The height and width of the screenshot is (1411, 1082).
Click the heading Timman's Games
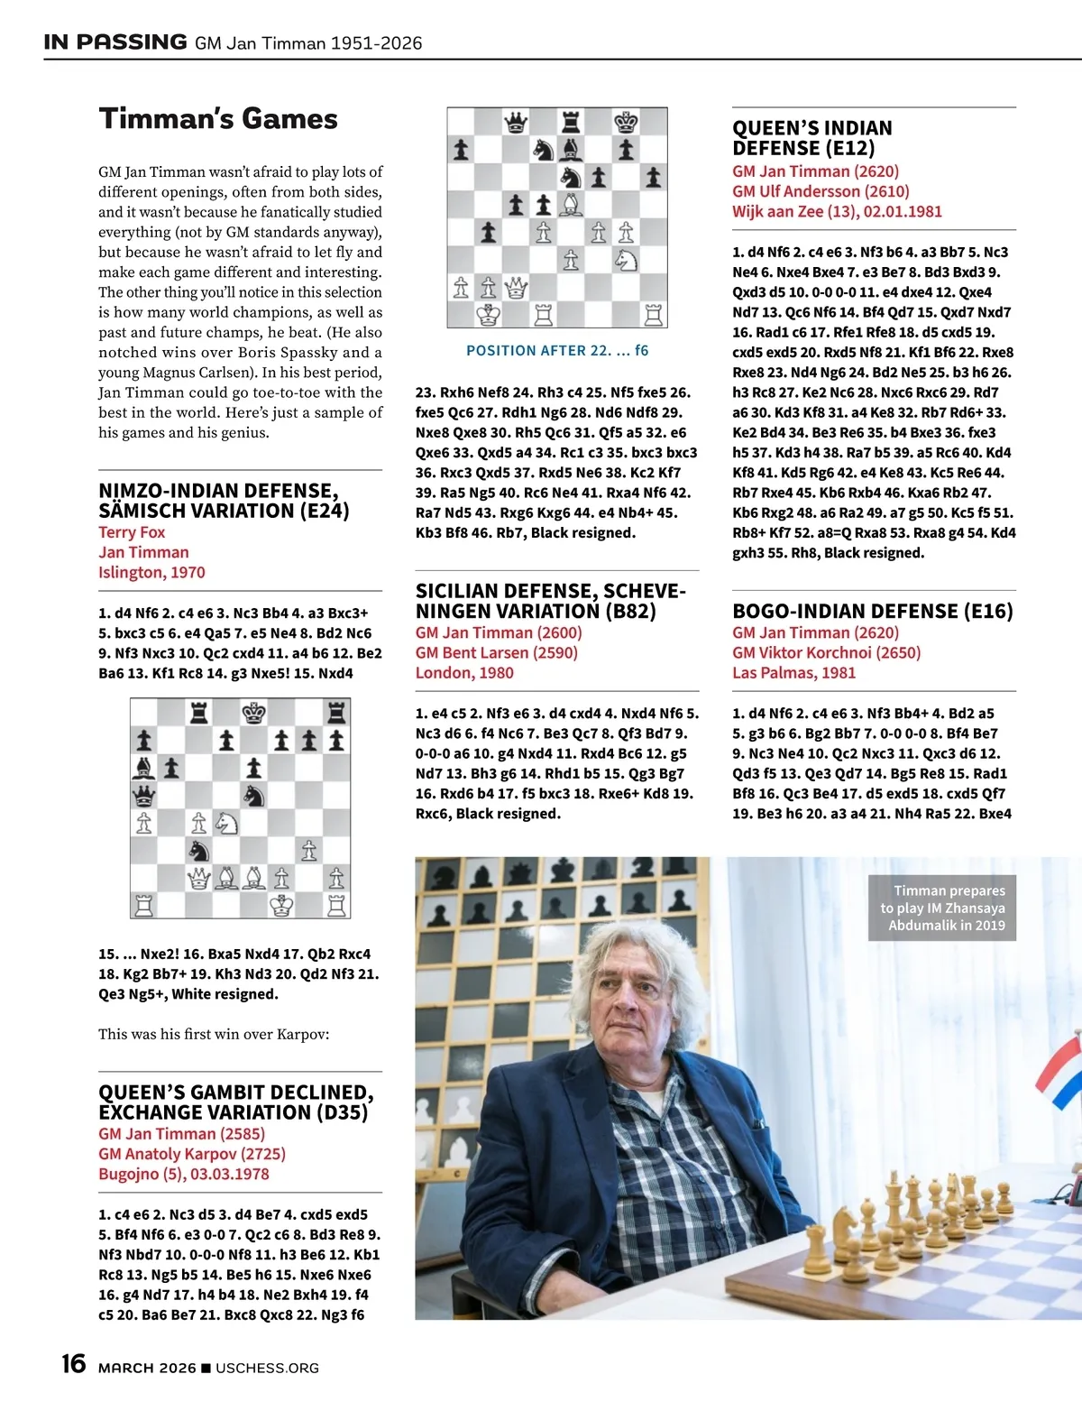[218, 119]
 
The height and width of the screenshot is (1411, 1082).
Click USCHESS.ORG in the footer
[267, 1368]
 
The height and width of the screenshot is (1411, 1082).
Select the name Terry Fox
[132, 532]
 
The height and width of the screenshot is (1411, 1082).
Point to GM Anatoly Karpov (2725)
[191, 1154]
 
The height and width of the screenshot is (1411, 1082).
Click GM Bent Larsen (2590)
[496, 652]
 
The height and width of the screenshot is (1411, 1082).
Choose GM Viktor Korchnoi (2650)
[826, 652]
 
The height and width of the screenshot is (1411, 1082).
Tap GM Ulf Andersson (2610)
[821, 191]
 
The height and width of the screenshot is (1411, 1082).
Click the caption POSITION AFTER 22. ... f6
[556, 350]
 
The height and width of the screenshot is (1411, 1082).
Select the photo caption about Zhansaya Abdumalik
[942, 908]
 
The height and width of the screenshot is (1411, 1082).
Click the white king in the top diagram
[489, 314]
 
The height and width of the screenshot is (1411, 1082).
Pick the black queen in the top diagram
[516, 122]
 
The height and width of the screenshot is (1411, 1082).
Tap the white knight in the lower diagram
[226, 823]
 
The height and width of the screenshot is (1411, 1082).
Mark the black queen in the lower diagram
[143, 796]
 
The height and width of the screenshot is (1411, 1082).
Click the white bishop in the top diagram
[571, 204]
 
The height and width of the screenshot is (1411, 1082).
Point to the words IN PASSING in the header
[115, 41]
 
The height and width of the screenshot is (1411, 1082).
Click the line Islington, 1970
[151, 572]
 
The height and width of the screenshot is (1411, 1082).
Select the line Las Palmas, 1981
[793, 672]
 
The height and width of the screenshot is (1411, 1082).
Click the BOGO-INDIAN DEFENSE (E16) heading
[872, 611]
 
